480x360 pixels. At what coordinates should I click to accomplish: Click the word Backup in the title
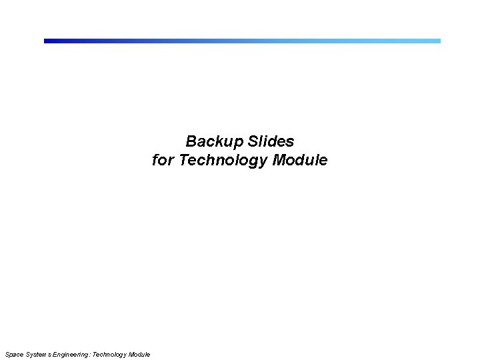pos(215,142)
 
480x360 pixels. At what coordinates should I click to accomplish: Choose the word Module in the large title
pos(300,161)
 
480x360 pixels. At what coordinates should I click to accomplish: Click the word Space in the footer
pos(13,354)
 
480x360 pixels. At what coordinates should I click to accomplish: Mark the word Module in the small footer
pos(139,354)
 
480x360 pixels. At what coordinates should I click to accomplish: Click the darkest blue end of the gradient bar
pos(47,41)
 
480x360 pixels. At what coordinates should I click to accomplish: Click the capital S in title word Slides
pos(253,142)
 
